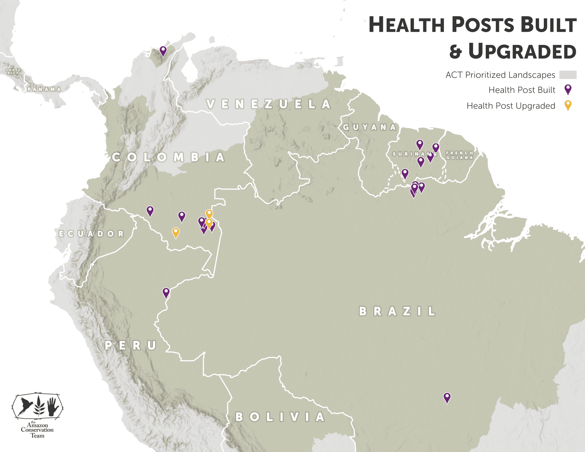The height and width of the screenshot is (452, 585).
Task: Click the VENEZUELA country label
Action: (269, 104)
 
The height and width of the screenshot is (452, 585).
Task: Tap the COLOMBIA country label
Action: (168, 157)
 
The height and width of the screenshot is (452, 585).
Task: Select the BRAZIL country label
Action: (397, 311)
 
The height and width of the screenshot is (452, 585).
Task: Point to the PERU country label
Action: (131, 345)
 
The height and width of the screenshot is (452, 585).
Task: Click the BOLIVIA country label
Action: (280, 417)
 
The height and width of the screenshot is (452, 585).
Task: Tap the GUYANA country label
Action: (370, 127)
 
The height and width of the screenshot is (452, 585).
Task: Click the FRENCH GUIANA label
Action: (459, 155)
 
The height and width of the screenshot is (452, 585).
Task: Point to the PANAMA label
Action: (44, 89)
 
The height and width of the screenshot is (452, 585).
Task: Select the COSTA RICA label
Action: (13, 71)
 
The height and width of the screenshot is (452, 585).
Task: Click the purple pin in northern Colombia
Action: (163, 51)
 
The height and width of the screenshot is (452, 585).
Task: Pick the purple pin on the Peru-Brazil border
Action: (166, 292)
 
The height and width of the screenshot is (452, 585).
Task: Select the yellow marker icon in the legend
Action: (568, 105)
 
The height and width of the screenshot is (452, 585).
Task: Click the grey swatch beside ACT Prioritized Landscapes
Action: (568, 75)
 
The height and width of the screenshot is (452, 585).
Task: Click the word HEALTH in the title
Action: (406, 25)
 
